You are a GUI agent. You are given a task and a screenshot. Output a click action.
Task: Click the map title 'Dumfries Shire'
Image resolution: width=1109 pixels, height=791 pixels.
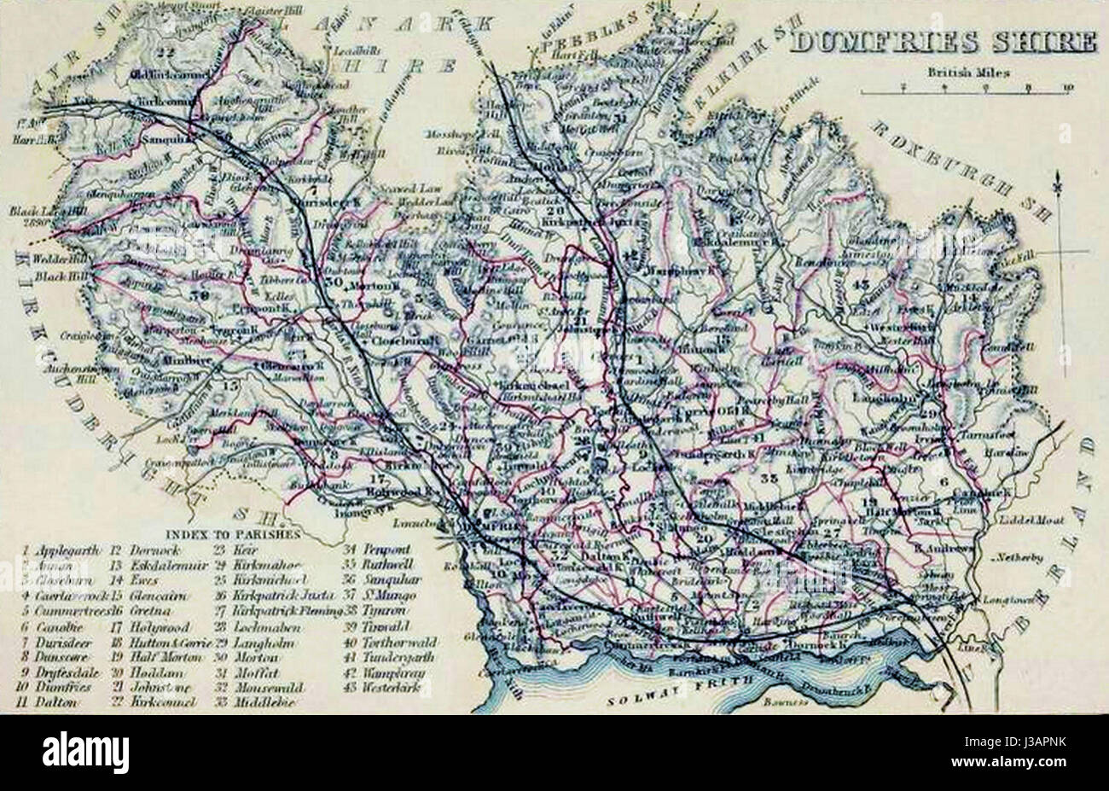[x=943, y=43]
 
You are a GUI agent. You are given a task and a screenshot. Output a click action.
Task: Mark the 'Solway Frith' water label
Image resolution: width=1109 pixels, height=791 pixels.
[x=683, y=698]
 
